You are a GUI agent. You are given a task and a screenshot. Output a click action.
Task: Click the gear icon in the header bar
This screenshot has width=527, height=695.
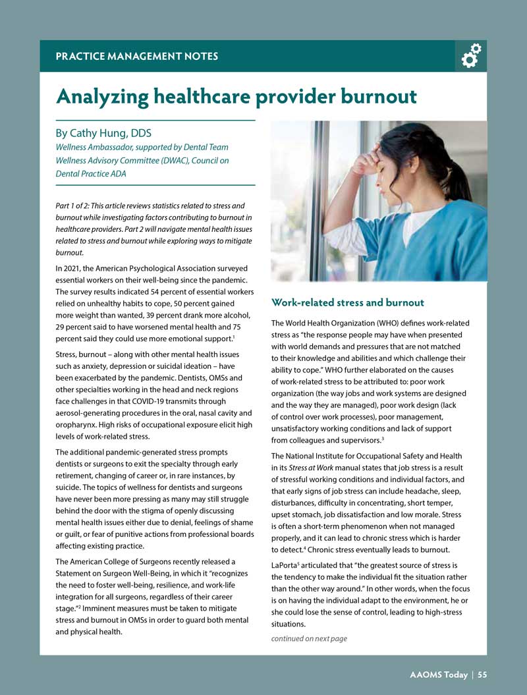[x=471, y=56]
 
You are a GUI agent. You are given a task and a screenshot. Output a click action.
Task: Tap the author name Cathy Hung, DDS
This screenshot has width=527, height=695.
[x=104, y=134]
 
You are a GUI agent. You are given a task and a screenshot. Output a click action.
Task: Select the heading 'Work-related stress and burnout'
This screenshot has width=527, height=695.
[x=348, y=302]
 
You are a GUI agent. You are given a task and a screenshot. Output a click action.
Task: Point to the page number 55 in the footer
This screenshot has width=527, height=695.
[x=482, y=674]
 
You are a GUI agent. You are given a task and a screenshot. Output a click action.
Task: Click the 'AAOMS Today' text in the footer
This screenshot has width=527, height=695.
[x=438, y=674]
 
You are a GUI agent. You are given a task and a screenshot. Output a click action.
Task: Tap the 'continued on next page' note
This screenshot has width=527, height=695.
[x=309, y=638]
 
